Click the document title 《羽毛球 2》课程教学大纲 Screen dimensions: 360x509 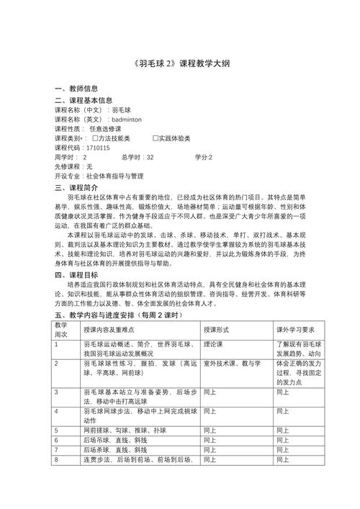point(181,63)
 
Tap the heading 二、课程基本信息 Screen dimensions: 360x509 point(84,100)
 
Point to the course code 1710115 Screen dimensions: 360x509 point(97,147)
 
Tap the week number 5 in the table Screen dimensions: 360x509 point(57,429)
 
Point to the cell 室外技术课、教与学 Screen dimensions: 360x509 point(232,364)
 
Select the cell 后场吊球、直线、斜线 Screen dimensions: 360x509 point(115,439)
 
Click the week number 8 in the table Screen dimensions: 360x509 point(57,459)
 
